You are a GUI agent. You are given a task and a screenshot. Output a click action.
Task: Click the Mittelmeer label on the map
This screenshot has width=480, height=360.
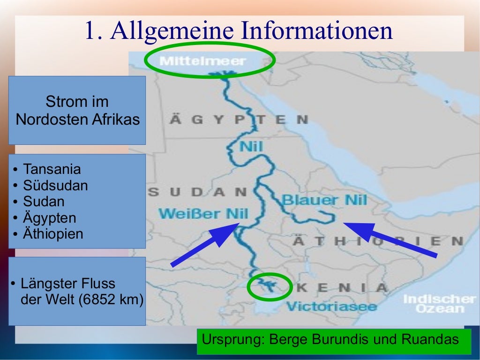point(202,61)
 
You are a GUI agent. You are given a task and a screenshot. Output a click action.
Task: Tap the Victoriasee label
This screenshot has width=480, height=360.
point(331,307)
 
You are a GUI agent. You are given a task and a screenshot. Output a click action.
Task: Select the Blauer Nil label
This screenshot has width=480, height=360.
point(324,200)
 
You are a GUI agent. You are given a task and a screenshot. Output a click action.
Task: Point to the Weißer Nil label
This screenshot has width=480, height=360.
point(203,214)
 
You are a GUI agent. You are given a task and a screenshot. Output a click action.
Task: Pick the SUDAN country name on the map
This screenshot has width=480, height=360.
point(197,192)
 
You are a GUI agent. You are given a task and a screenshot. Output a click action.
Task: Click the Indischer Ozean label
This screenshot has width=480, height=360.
point(439,304)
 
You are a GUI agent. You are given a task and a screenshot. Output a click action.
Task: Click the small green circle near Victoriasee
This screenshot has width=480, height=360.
point(270,286)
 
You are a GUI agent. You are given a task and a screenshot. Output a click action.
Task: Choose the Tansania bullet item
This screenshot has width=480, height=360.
point(52,169)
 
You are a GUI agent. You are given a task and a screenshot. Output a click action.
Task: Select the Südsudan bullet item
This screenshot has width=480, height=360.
point(55,186)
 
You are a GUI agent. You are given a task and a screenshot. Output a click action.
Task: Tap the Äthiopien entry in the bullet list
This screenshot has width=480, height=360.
point(53,233)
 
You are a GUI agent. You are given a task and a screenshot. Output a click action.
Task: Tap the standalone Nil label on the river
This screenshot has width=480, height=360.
point(251,147)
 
